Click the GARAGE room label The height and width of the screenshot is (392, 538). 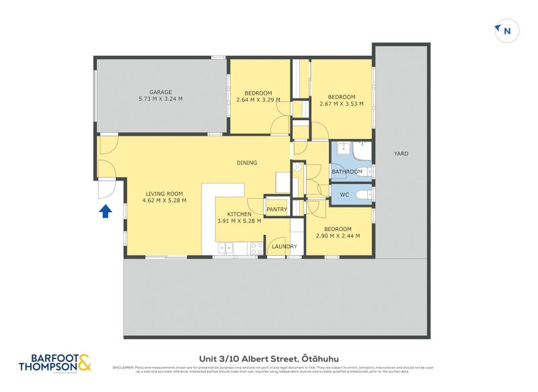(x=161, y=92)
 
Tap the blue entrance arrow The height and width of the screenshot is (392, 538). (x=105, y=212)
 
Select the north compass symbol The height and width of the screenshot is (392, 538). (x=506, y=31)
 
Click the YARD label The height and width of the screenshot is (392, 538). (x=401, y=154)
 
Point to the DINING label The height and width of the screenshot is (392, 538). (x=247, y=162)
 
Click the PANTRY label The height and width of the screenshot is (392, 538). (x=277, y=209)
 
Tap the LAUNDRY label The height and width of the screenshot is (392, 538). (x=284, y=246)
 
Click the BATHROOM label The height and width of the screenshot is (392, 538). (x=346, y=172)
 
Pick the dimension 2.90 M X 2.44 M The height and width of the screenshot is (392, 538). (x=338, y=236)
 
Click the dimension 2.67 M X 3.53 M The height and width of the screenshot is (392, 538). (x=342, y=104)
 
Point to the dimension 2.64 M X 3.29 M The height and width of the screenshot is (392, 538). (x=258, y=101)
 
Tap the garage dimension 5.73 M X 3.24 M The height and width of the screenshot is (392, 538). (x=161, y=99)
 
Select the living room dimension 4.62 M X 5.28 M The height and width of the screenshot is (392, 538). (x=164, y=200)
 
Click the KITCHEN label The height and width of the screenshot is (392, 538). (x=239, y=214)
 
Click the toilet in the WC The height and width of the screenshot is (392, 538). (x=362, y=195)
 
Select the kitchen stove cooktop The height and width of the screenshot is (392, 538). (x=257, y=247)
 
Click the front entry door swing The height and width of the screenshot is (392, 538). (x=106, y=189)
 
